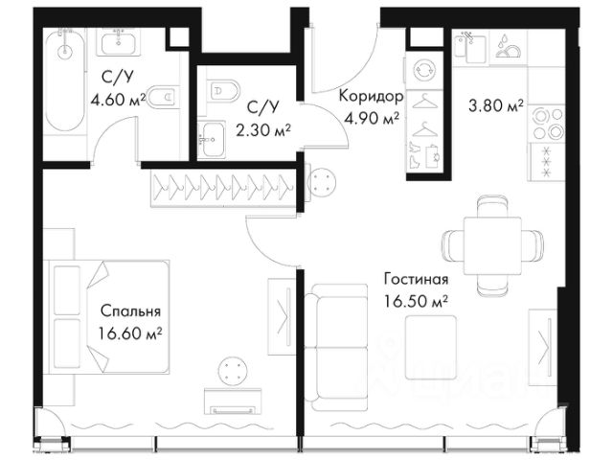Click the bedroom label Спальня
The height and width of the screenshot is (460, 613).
[130, 311]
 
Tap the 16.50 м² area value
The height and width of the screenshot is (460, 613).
[416, 302]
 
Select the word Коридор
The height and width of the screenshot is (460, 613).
[371, 96]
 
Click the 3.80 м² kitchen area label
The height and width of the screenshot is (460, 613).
[496, 105]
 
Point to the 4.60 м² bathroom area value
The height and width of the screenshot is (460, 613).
[119, 100]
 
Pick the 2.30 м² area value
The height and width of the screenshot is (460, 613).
[263, 129]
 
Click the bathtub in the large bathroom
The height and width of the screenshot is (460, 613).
[65, 80]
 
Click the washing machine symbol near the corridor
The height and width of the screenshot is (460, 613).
[424, 71]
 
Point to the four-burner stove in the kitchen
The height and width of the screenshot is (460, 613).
[548, 123]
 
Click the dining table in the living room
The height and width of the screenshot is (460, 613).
[492, 246]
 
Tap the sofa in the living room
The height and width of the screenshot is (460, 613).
[336, 347]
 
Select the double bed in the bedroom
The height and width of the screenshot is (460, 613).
[109, 317]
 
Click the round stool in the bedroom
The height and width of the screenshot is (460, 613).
[233, 371]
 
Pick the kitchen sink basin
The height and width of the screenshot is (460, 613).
[475, 49]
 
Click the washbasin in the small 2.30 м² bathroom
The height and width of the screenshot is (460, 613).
[212, 140]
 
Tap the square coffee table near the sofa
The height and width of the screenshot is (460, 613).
[431, 347]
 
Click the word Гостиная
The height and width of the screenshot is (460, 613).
[416, 279]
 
